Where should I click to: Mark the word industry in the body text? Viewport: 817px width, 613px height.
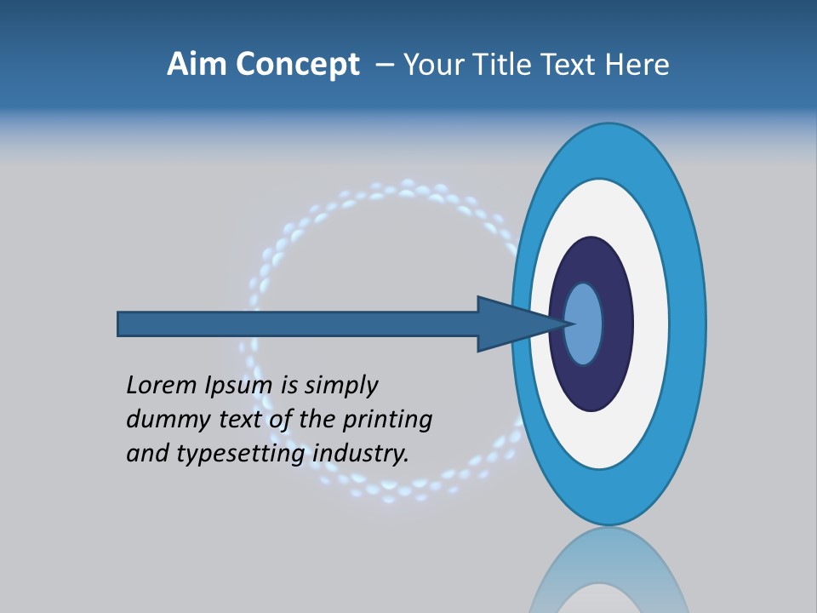point(361,454)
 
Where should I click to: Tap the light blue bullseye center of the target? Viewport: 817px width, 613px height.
point(585,324)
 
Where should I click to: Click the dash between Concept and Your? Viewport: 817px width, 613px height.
point(384,66)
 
